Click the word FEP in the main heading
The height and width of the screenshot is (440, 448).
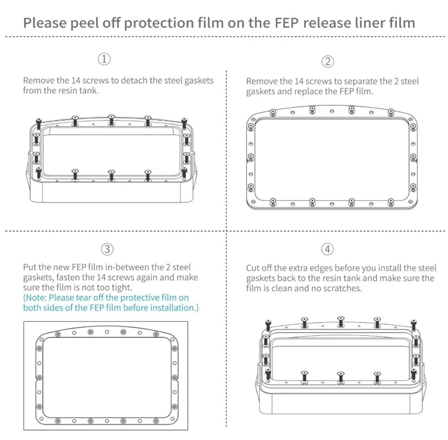287,23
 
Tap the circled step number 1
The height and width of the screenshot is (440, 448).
104,59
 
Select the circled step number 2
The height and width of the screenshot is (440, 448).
328,61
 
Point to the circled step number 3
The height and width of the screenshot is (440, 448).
107,249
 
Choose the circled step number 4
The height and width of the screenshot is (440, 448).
327,249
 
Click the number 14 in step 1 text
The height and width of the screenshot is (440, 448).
76,81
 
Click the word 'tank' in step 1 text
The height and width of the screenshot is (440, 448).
89,91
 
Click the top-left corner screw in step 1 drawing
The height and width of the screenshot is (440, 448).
39,123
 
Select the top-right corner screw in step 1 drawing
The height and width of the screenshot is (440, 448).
184,123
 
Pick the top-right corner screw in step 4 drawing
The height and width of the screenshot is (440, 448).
414,325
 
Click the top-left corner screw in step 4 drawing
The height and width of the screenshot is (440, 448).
268,325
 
